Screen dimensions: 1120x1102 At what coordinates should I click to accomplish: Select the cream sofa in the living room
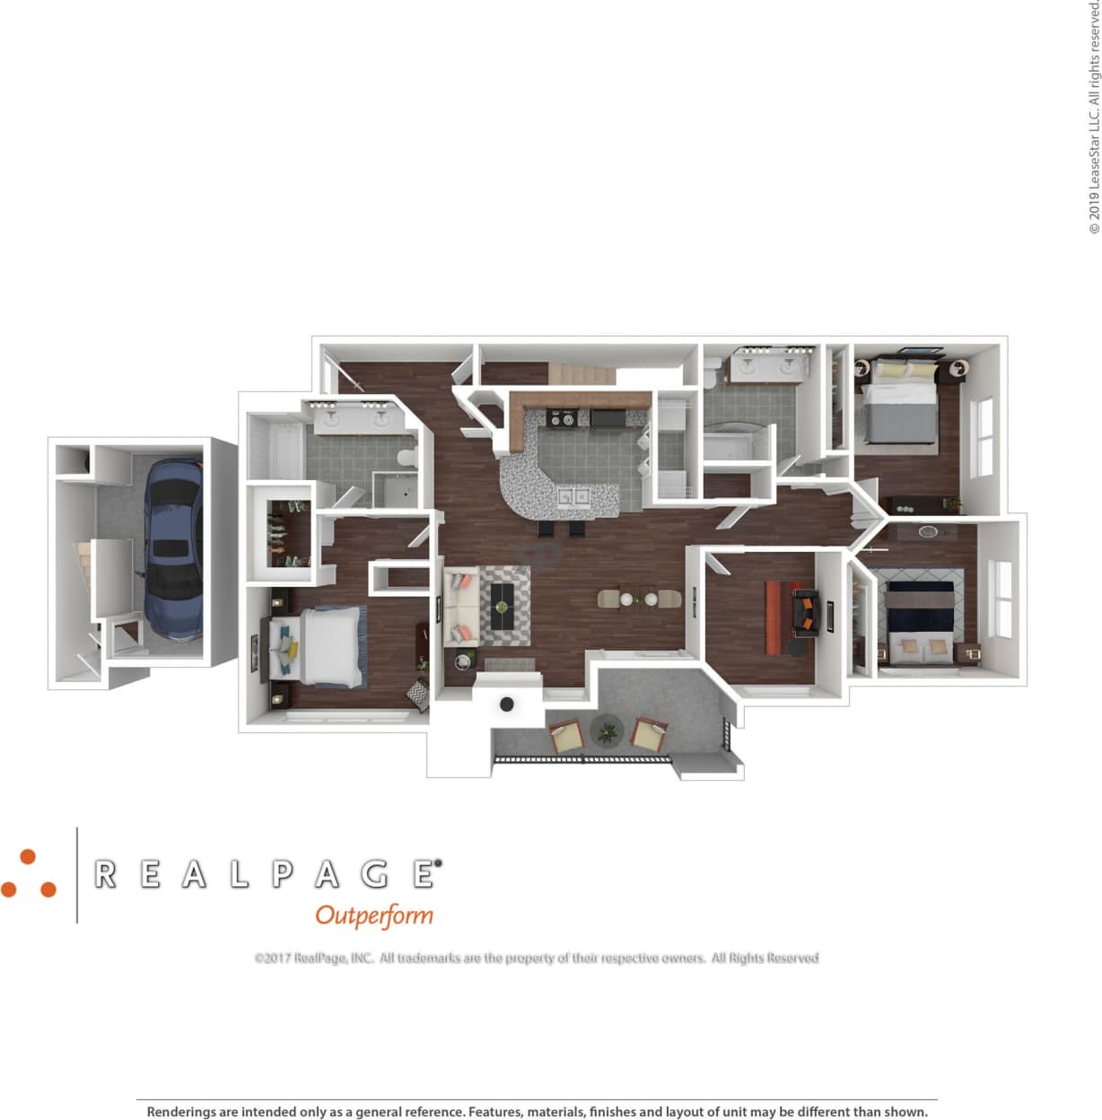459,607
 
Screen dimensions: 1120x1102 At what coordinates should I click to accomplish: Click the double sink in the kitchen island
573,496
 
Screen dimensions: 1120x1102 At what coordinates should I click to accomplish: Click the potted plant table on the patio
608,731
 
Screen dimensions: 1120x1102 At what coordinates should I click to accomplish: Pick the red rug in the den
777,617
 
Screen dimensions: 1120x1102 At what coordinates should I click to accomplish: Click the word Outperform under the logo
374,915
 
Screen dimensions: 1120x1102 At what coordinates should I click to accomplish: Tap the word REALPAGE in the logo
267,874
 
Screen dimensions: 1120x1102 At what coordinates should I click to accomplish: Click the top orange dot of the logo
28,857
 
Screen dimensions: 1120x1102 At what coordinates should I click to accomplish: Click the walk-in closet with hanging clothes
285,536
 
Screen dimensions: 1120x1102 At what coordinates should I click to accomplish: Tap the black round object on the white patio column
507,704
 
